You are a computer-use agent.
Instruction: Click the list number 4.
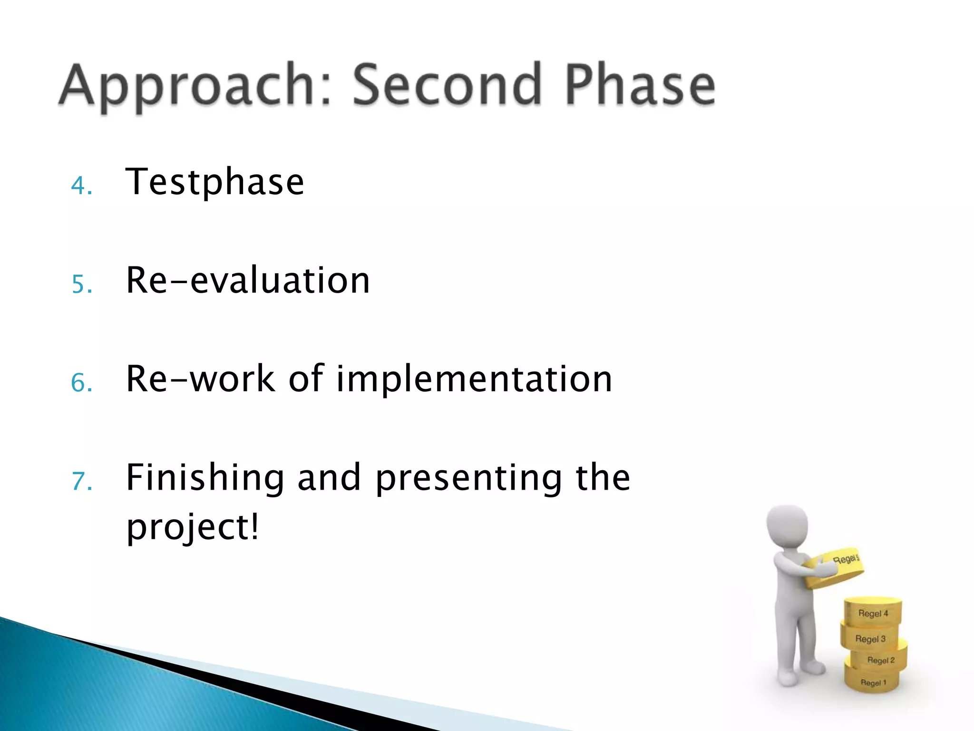pyautogui.click(x=81, y=186)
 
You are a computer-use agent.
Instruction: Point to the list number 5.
pyautogui.click(x=81, y=285)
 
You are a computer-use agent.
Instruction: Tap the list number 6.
pyautogui.click(x=81, y=383)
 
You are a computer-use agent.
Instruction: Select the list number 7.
pyautogui.click(x=81, y=481)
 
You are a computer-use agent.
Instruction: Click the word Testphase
pyautogui.click(x=214, y=182)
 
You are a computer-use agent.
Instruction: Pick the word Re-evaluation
pyautogui.click(x=248, y=280)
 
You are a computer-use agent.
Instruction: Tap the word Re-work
pyautogui.click(x=200, y=379)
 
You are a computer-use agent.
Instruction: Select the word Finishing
pyautogui.click(x=205, y=478)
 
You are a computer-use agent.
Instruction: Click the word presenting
pyautogui.click(x=468, y=478)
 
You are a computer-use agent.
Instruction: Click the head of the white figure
pyautogui.click(x=787, y=525)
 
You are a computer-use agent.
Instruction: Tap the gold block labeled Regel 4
pyautogui.click(x=873, y=612)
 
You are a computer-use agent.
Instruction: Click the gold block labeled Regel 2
pyautogui.click(x=880, y=659)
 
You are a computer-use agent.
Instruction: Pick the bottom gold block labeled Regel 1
pyautogui.click(x=873, y=681)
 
